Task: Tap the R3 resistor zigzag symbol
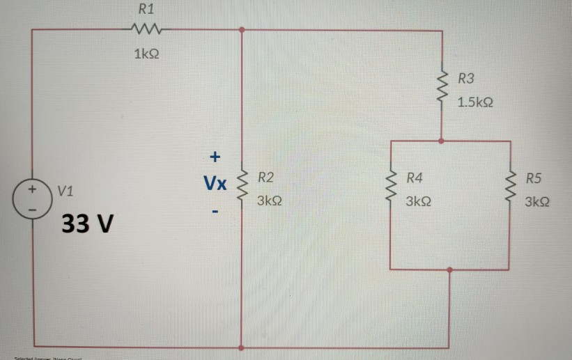coord(442,88)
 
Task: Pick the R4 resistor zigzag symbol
coord(392,187)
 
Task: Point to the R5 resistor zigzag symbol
coord(511,187)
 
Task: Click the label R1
coord(146,10)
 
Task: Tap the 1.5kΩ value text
coord(476,102)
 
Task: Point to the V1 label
coord(68,189)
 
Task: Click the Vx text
coord(215,184)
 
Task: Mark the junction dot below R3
coord(442,141)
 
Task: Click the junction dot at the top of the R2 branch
coord(241,30)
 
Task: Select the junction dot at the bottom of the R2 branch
coord(241,346)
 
